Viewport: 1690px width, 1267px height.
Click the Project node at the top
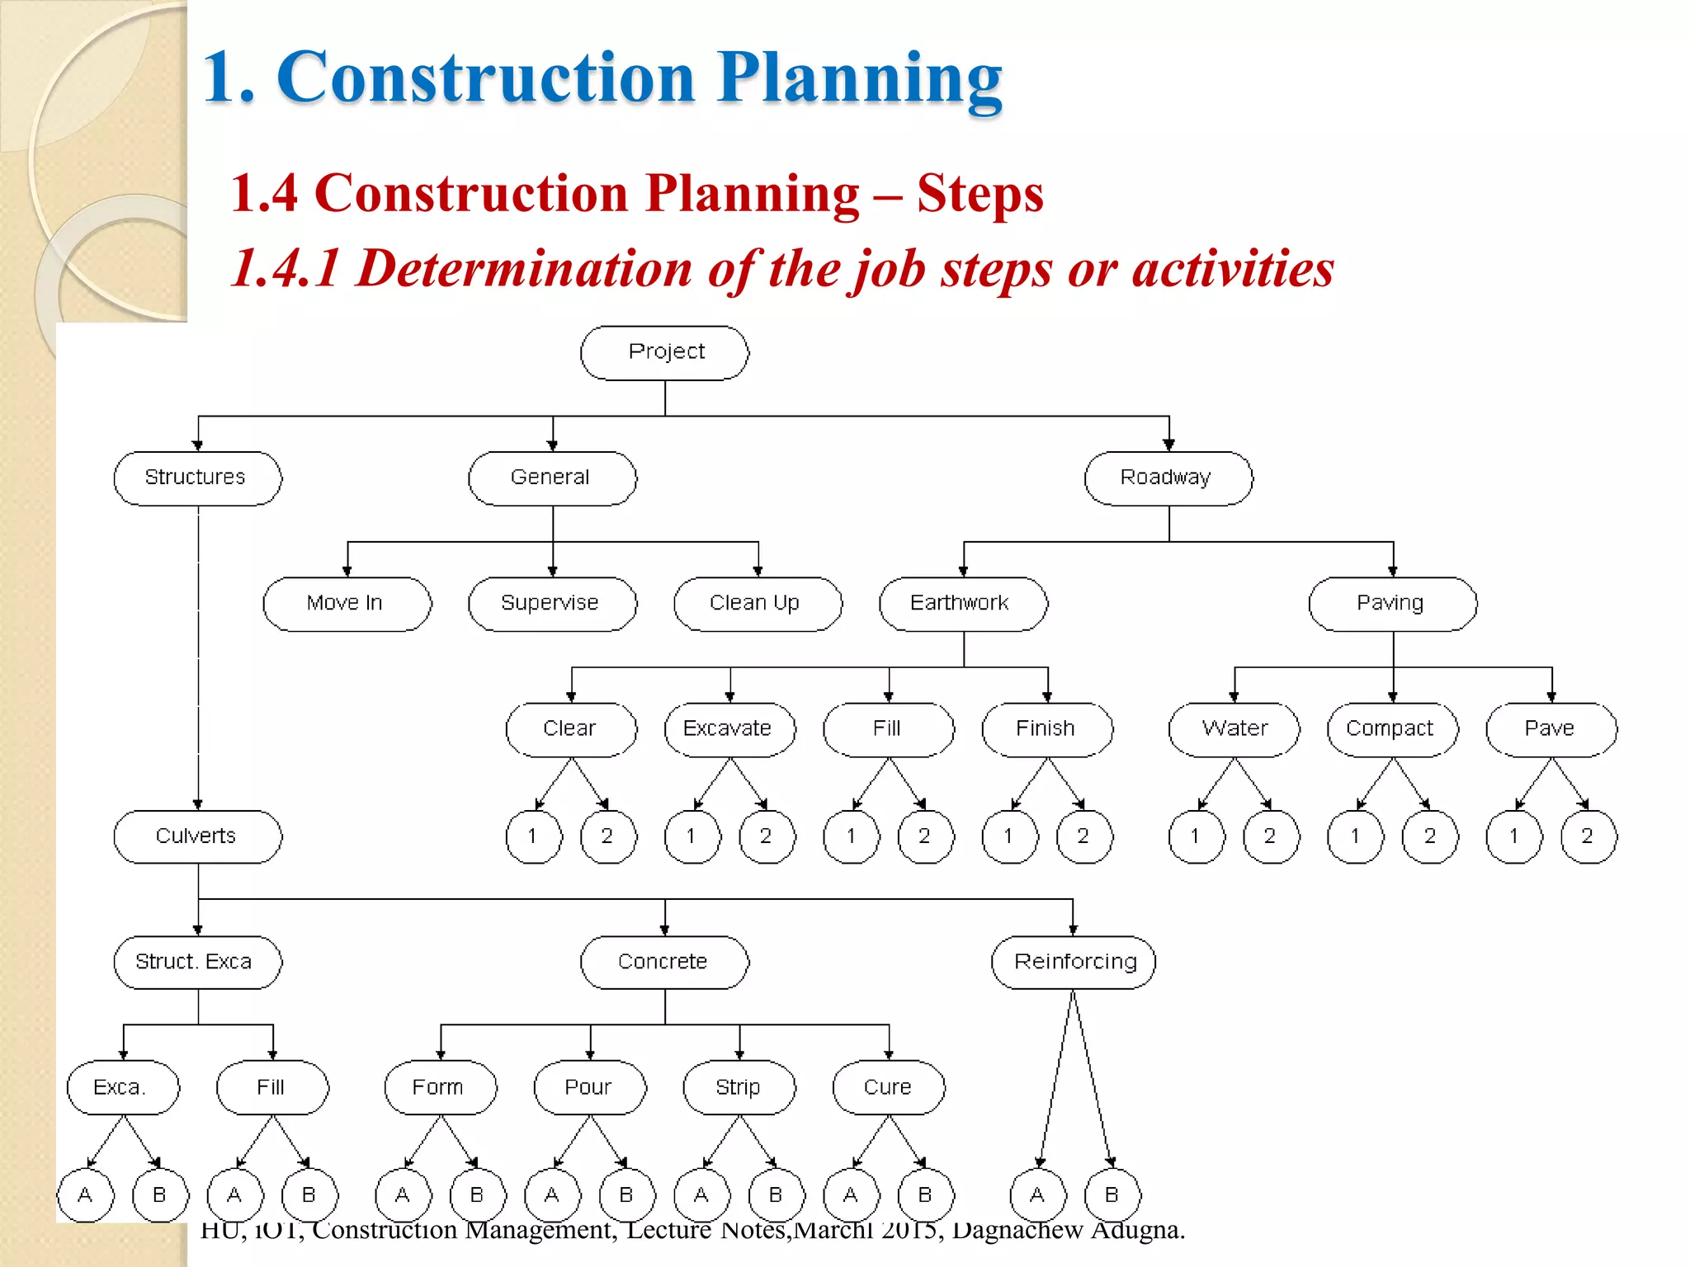(665, 352)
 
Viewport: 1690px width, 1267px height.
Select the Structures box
(197, 478)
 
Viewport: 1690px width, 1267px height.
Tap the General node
(552, 478)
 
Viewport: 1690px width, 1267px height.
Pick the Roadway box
(1168, 478)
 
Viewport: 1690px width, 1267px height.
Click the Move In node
(347, 604)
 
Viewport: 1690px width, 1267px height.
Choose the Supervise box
(552, 604)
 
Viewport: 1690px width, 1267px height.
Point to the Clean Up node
(758, 604)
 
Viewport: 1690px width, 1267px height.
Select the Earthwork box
(963, 604)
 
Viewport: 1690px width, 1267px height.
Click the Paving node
(1392, 604)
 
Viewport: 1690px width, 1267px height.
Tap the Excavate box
(729, 729)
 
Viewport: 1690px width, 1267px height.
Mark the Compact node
(1392, 729)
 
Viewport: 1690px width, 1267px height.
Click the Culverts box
(197, 836)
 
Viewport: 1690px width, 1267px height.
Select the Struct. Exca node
(197, 962)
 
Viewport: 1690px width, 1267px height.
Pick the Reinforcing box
(1074, 962)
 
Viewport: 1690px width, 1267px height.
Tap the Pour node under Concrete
(590, 1087)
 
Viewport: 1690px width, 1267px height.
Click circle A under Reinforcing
(1038, 1194)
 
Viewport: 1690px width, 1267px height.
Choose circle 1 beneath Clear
(533, 836)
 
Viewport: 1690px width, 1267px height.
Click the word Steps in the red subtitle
(980, 194)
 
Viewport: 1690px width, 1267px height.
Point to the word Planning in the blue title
(859, 78)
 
